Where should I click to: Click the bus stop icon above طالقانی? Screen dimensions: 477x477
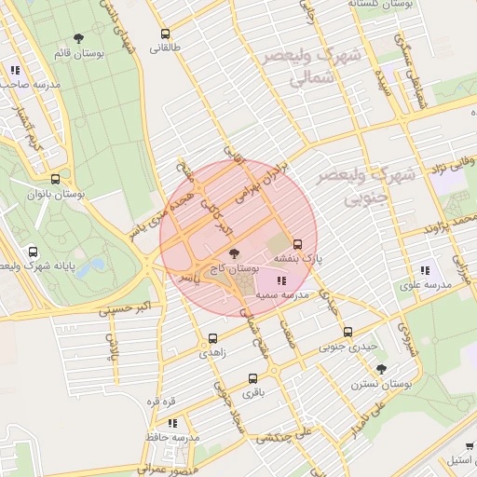point(165,33)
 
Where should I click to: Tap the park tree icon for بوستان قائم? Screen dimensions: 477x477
point(78,39)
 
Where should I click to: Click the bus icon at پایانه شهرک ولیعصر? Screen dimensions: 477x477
point(34,252)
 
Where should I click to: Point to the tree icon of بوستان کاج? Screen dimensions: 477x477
point(233,252)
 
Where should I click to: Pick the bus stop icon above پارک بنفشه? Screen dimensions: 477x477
point(298,243)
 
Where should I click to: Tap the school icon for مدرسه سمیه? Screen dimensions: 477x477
point(281,280)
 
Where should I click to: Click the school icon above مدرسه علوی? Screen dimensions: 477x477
point(425,269)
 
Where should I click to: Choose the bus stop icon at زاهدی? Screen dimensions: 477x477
point(213,337)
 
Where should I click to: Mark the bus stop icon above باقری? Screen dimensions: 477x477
point(252,378)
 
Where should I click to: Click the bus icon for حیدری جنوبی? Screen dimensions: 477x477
point(348,332)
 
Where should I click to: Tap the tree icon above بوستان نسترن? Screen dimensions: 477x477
point(381,369)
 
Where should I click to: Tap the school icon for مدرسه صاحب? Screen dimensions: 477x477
point(14,70)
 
